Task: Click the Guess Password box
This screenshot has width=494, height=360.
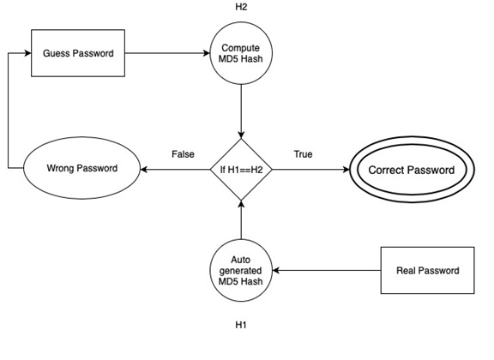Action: [77, 53]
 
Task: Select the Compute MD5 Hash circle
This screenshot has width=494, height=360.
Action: [241, 53]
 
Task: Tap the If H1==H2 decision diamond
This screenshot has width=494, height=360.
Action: [241, 170]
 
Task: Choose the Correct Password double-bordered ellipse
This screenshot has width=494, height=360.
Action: [411, 170]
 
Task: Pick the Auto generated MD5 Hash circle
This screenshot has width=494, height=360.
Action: [241, 271]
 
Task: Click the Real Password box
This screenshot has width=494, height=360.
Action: [427, 271]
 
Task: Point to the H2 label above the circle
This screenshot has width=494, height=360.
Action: [241, 8]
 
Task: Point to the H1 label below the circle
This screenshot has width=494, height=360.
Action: [241, 326]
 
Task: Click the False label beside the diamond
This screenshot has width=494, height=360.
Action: [183, 154]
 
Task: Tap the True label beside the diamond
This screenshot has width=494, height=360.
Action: [303, 154]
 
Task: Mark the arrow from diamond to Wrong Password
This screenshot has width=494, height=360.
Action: [176, 170]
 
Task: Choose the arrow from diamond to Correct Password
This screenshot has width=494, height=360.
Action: [309, 170]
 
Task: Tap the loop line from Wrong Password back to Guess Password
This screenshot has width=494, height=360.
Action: [8, 111]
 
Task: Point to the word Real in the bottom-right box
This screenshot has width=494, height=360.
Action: [407, 271]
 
